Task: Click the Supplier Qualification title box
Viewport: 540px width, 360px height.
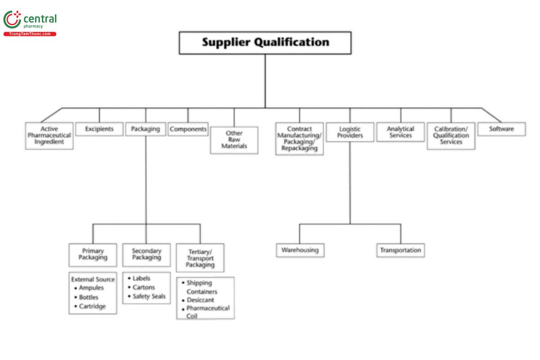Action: point(265,43)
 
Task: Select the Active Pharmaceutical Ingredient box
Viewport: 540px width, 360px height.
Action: point(49,135)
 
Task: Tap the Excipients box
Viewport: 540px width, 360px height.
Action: point(99,129)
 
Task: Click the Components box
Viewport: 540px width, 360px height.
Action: point(188,129)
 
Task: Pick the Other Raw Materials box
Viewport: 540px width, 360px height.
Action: point(234,140)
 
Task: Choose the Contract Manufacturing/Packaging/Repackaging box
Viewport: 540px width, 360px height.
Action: point(299,139)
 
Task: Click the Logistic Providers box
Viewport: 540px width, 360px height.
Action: point(350,132)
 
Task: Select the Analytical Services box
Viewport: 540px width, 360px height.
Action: point(400,132)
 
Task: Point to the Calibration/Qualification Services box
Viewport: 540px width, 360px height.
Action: point(451,135)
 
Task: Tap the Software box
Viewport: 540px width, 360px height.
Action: point(501,129)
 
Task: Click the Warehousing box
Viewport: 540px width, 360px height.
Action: point(300,250)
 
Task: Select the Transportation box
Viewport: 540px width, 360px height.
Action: point(400,250)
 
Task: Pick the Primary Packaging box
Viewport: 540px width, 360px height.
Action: point(93,254)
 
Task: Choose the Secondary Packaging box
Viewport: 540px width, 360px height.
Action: point(146,254)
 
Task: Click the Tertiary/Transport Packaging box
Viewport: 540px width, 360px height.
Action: point(200,258)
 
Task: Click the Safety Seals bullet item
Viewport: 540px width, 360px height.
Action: point(148,297)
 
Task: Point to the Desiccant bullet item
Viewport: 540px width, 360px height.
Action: point(200,300)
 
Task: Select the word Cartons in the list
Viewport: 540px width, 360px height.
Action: point(144,288)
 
